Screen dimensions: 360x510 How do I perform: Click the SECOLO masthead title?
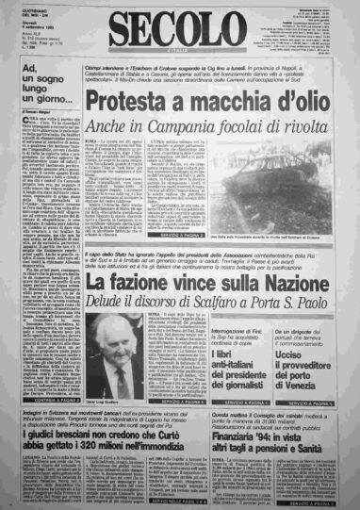178,29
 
